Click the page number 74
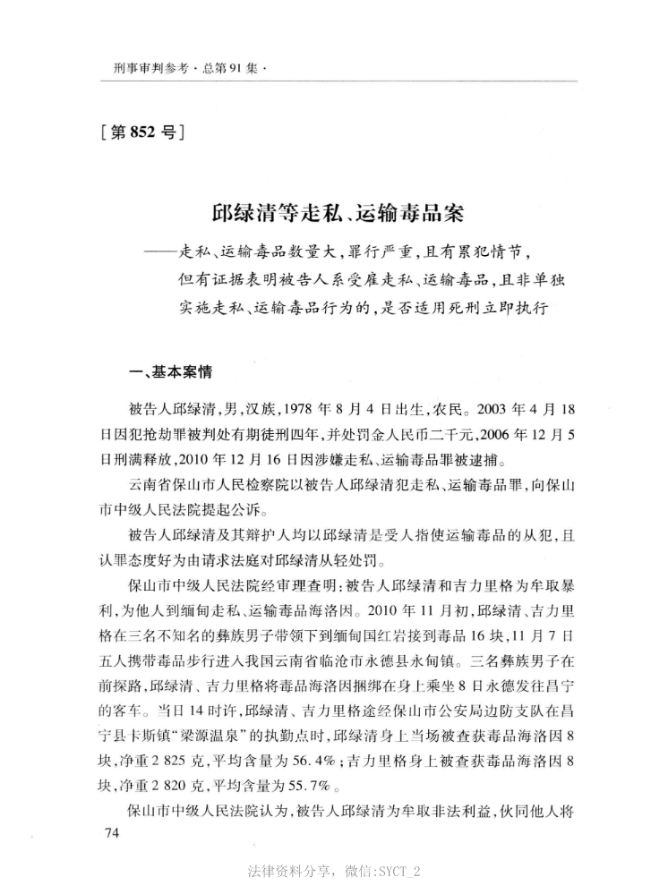[x=111, y=835]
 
